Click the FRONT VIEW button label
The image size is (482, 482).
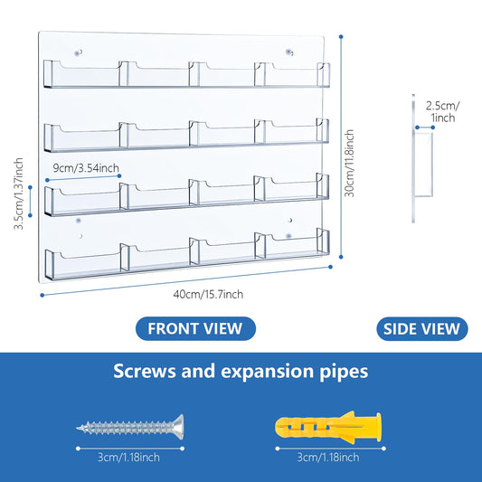pyautogui.click(x=195, y=328)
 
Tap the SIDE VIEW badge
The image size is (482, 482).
pyautogui.click(x=422, y=328)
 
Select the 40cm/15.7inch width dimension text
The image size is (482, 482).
pyautogui.click(x=208, y=295)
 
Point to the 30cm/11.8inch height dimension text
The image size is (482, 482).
pyautogui.click(x=349, y=163)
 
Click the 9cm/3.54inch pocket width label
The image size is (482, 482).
pyautogui.click(x=86, y=168)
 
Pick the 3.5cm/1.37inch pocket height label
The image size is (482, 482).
pyautogui.click(x=18, y=194)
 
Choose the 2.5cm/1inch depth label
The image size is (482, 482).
pyautogui.click(x=442, y=111)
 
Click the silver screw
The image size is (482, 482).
pyautogui.click(x=130, y=427)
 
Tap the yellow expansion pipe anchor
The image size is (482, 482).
pyautogui.click(x=328, y=427)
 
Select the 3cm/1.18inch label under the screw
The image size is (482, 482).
pyautogui.click(x=128, y=458)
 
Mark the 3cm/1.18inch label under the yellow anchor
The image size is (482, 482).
pyautogui.click(x=328, y=458)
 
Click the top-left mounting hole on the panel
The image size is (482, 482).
pyautogui.click(x=79, y=52)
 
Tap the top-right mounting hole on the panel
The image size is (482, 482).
pyautogui.click(x=289, y=52)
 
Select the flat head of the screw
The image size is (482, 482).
pyautogui.click(x=179, y=427)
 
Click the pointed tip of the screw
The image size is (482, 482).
pyautogui.click(x=78, y=428)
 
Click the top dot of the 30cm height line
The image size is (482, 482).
pyautogui.click(x=341, y=37)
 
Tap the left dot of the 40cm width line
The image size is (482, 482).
pyautogui.click(x=43, y=296)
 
